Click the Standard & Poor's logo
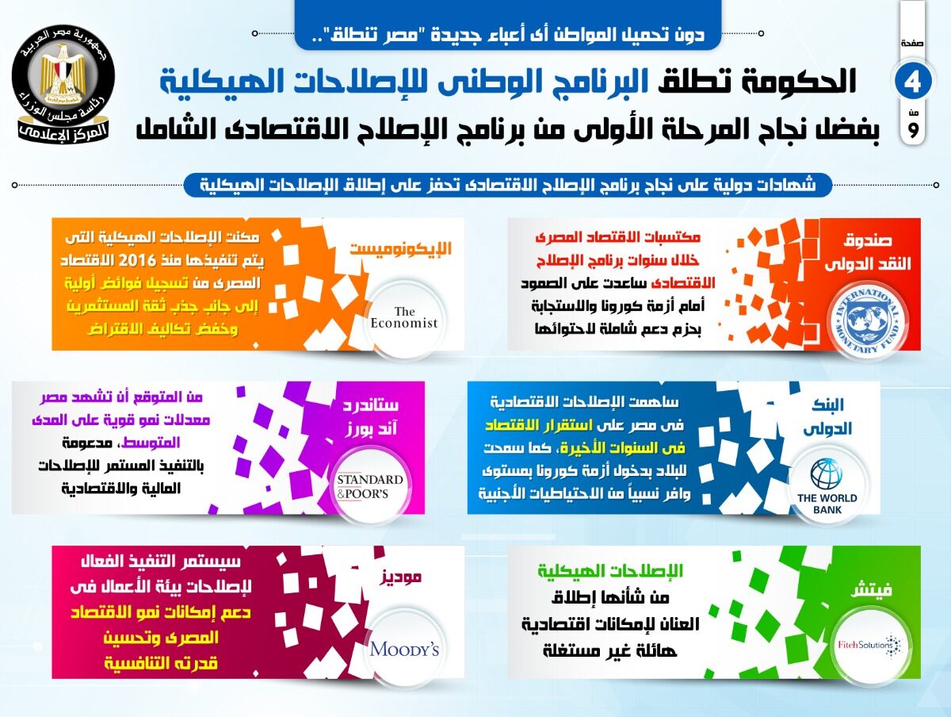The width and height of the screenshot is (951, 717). coord(369,486)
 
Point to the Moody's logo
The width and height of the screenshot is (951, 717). coord(404,650)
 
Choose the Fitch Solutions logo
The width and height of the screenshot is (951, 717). coord(869,646)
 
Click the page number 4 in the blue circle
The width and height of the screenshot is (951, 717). coord(912,82)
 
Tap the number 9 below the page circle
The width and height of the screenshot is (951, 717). coord(913,130)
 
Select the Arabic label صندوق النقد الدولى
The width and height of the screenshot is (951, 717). coord(868,251)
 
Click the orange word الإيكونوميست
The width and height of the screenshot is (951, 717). coord(401,248)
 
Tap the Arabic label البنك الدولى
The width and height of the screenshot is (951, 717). coord(827,416)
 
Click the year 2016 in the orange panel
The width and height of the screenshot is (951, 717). coord(137,260)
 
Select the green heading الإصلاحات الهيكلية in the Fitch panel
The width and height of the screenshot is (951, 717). coord(610,570)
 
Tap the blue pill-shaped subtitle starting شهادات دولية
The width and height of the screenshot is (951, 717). coord(508,185)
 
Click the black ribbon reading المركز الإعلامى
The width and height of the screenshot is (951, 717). coord(63,132)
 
